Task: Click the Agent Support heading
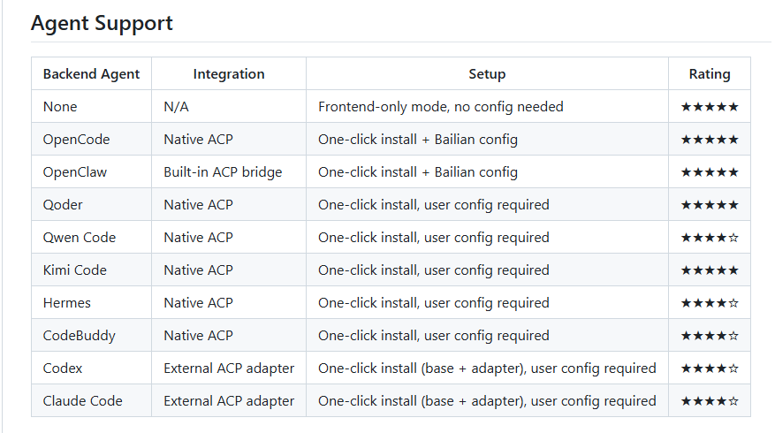click(102, 23)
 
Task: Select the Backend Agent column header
click(91, 74)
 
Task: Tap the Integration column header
click(229, 74)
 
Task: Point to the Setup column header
click(487, 74)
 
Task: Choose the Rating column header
click(710, 74)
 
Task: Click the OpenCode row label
click(76, 140)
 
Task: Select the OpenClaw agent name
click(74, 172)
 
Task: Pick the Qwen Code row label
click(79, 237)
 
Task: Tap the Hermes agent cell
click(67, 302)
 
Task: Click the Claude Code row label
click(82, 401)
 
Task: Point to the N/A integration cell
click(176, 107)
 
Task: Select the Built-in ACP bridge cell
click(223, 172)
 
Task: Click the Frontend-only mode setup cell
click(440, 107)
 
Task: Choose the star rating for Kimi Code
click(710, 270)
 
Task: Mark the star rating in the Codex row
click(710, 368)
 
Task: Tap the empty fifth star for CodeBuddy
click(733, 336)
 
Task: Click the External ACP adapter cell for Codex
click(229, 368)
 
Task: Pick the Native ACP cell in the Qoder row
click(198, 205)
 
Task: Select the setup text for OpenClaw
click(418, 172)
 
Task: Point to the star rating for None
click(710, 107)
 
